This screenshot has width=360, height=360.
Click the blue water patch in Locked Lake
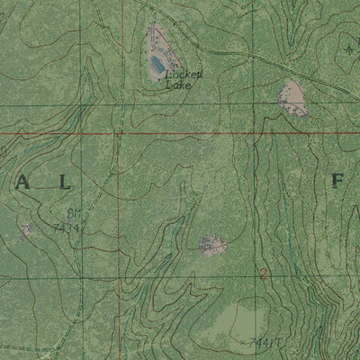click(x=160, y=63)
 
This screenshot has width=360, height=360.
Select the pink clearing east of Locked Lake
click(x=292, y=96)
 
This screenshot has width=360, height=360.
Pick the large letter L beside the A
click(x=63, y=183)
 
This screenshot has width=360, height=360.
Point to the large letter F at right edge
click(x=338, y=181)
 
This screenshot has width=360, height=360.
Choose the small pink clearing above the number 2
click(x=212, y=244)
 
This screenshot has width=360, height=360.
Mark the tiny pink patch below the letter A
click(x=25, y=231)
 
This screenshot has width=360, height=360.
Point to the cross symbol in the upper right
click(x=349, y=49)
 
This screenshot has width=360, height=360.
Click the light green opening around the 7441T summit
click(x=238, y=324)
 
